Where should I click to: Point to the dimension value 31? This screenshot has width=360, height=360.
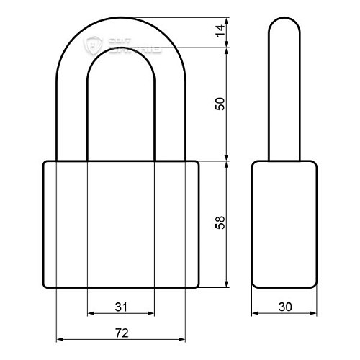point(121,307)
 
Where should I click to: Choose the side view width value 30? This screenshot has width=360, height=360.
point(284,307)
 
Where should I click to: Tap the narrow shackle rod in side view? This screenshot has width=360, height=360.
point(284,94)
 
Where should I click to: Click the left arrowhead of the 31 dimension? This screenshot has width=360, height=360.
point(90,314)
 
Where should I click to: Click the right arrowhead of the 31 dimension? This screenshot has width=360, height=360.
point(151,314)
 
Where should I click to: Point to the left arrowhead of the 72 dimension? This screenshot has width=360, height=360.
point(60,338)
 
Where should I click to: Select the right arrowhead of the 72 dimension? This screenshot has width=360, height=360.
point(182,338)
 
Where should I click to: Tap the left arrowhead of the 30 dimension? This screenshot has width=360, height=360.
point(255,314)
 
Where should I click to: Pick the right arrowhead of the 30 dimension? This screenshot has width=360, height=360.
point(314,314)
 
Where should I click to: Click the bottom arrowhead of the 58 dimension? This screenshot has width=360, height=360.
point(228,284)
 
